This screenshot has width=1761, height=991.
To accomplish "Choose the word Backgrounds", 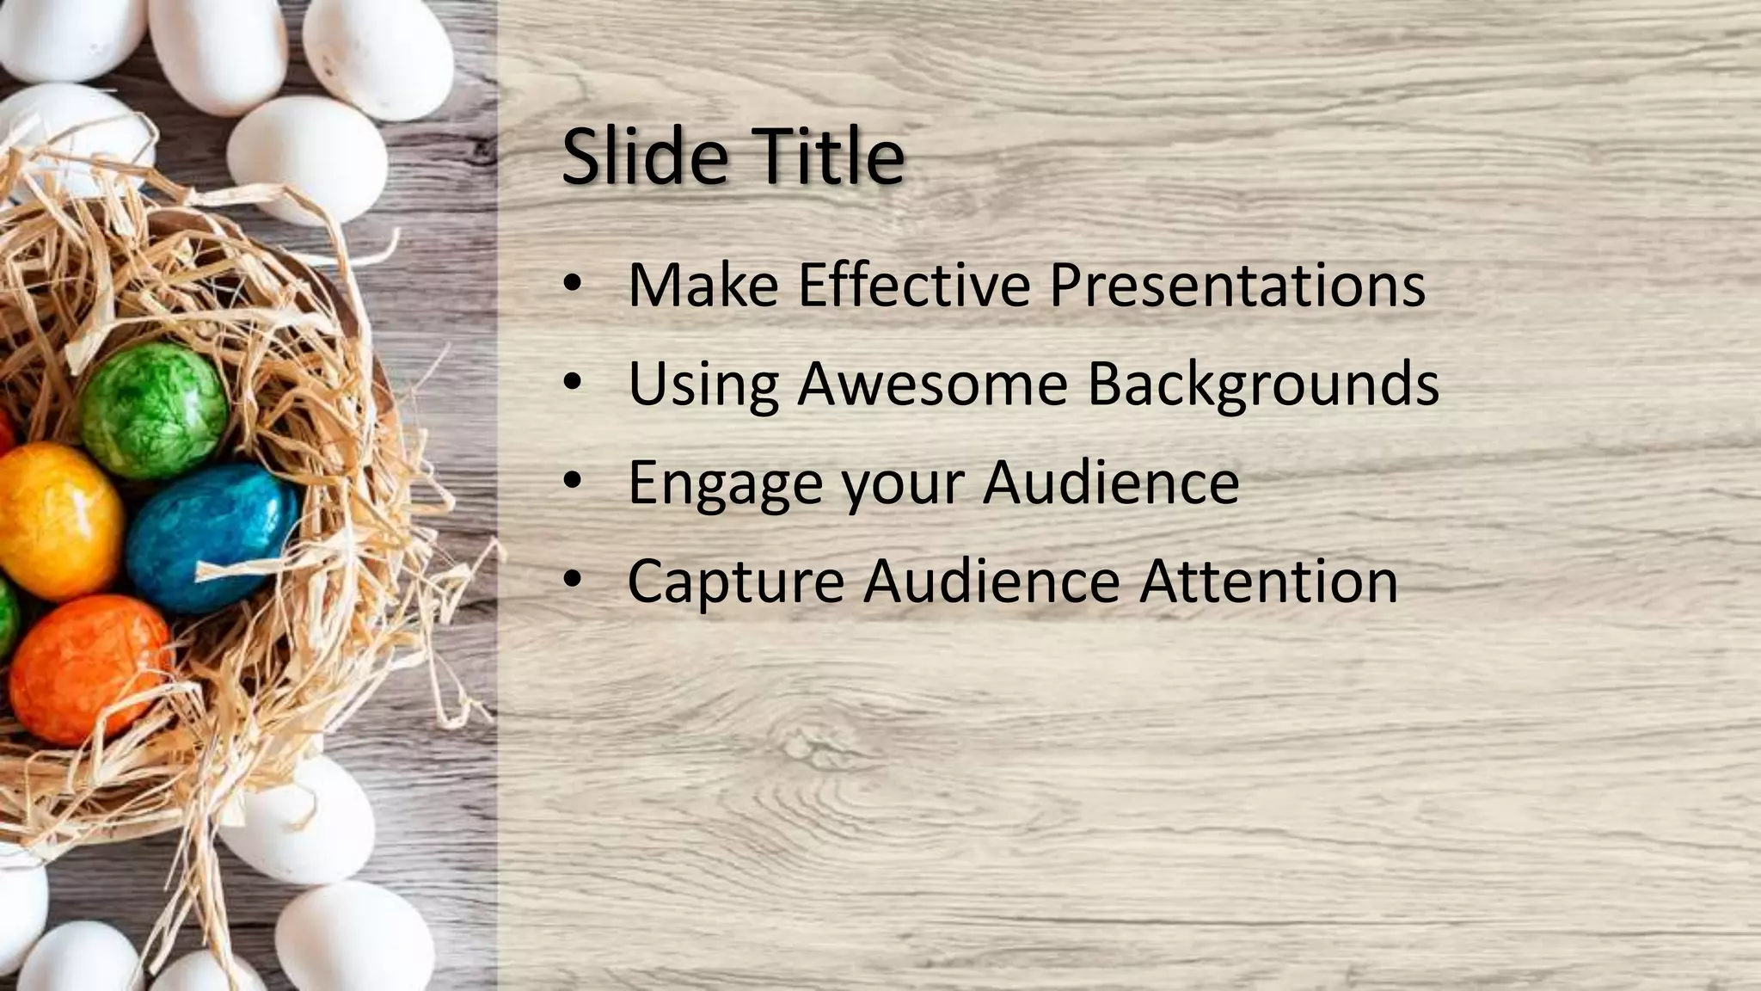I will point(1263,385).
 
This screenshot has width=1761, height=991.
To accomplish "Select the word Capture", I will point(735,582).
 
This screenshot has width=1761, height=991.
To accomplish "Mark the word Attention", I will point(1268,581).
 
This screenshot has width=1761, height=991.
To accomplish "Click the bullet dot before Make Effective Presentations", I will point(574,286).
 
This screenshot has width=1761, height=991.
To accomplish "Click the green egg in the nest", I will point(154,409).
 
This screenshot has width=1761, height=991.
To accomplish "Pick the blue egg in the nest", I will point(211,536).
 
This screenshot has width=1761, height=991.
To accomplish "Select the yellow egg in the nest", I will point(56,520).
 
